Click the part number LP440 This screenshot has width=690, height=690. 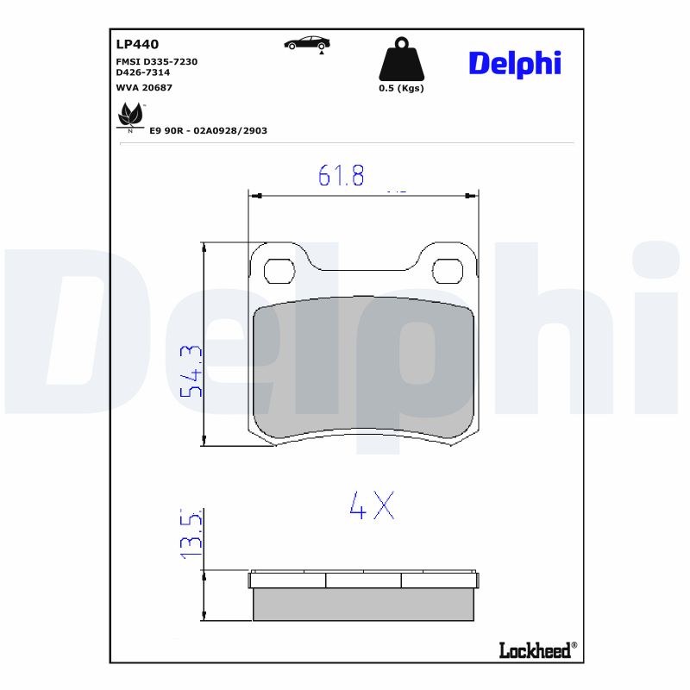(x=137, y=43)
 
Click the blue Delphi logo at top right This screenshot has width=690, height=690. (x=515, y=62)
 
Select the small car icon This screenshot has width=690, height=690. (x=307, y=43)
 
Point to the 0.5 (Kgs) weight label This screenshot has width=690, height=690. (x=401, y=88)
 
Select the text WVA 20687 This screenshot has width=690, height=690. (x=144, y=87)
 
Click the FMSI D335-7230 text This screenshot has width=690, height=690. (x=157, y=62)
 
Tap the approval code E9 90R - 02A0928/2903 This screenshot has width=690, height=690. (x=208, y=130)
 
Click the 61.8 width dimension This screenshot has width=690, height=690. (x=342, y=175)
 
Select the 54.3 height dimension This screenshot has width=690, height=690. (x=190, y=371)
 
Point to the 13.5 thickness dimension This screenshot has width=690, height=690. (x=191, y=535)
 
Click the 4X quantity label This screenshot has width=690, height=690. (x=372, y=505)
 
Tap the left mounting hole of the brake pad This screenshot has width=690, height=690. (x=278, y=271)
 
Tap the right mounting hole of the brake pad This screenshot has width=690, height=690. (x=447, y=271)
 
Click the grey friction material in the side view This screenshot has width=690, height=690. (x=363, y=605)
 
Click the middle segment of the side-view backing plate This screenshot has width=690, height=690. (x=363, y=580)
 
